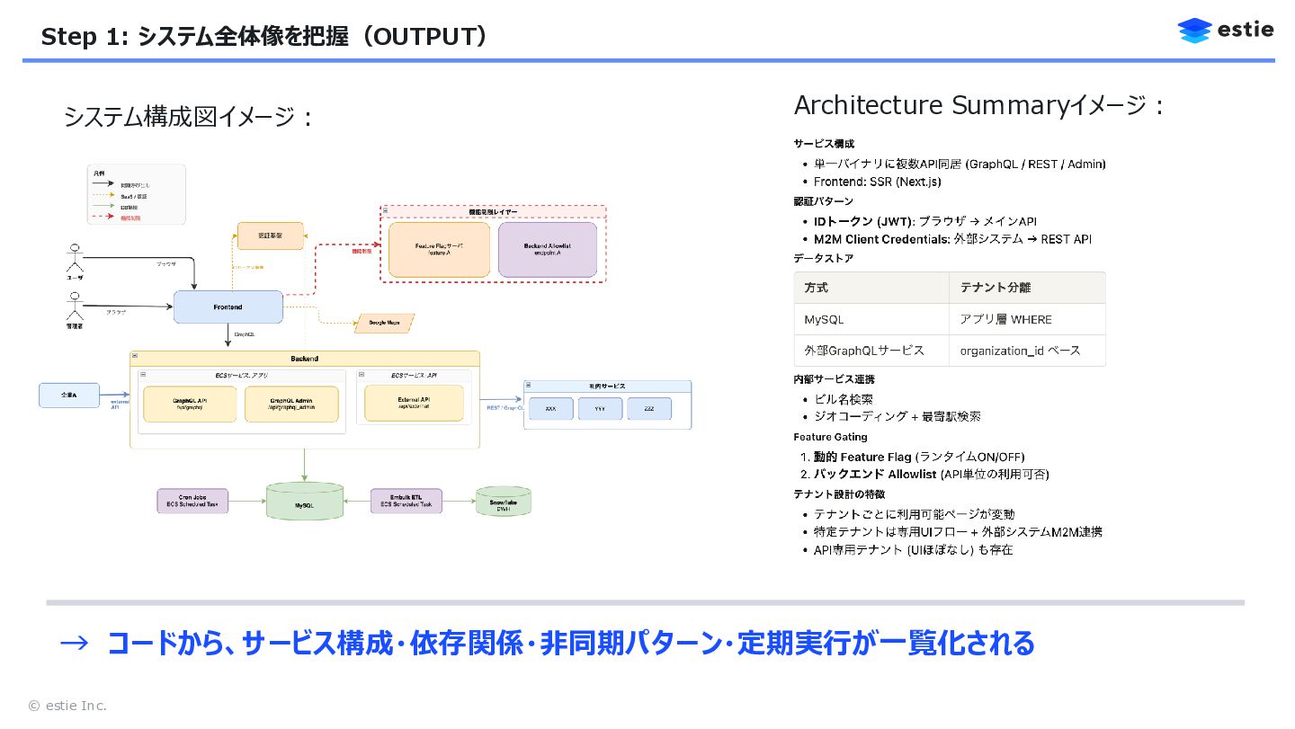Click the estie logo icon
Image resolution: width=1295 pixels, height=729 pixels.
(x=1194, y=31)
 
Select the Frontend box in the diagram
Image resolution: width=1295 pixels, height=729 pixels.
(x=228, y=307)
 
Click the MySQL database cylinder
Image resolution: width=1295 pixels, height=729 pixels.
(x=305, y=502)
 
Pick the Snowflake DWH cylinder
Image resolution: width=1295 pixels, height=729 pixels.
(x=503, y=502)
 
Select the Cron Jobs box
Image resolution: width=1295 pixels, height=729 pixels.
(x=192, y=502)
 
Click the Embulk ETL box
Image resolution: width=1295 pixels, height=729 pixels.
(x=406, y=502)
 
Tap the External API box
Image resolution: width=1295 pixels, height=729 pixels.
(x=414, y=404)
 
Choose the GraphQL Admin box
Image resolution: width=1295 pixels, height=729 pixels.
(x=291, y=405)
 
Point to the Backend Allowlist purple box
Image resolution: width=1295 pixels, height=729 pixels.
(x=547, y=250)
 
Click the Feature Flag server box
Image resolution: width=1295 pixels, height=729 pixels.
(x=439, y=250)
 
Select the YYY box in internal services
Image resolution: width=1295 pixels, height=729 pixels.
(x=600, y=409)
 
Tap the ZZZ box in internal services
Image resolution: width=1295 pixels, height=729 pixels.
(x=648, y=409)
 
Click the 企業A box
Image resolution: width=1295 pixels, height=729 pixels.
(x=69, y=396)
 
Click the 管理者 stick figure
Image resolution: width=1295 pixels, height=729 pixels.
(x=75, y=308)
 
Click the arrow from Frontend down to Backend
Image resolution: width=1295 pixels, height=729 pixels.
(x=228, y=336)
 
